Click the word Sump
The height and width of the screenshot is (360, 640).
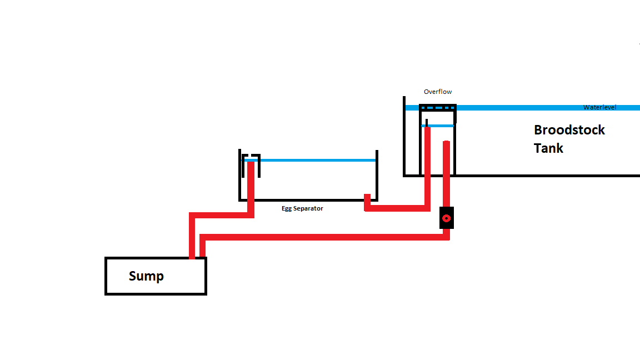(x=146, y=276)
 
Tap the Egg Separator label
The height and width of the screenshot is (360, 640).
(x=302, y=208)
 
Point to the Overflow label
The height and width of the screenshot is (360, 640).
(x=438, y=92)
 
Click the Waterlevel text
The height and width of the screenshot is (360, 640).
(x=599, y=107)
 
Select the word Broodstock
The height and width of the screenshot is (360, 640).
(x=569, y=130)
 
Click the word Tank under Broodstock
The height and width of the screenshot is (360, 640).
(x=548, y=148)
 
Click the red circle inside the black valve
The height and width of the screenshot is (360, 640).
(x=446, y=218)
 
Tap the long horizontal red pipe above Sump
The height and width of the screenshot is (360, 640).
(x=324, y=237)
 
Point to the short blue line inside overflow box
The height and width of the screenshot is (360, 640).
(x=438, y=126)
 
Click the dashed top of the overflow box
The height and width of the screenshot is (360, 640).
(x=438, y=108)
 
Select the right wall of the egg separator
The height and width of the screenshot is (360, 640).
(x=377, y=176)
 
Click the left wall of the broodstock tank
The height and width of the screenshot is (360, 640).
(x=404, y=136)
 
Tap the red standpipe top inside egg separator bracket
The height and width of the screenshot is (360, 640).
(x=251, y=163)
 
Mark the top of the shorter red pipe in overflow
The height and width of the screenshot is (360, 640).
(x=446, y=142)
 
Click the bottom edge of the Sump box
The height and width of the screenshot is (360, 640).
(x=156, y=293)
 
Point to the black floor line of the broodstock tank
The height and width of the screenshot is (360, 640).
(x=522, y=176)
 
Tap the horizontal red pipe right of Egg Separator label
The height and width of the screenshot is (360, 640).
(x=397, y=208)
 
